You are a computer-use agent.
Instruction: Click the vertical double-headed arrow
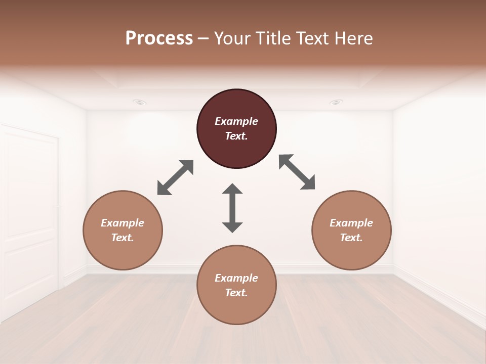pos(232,208)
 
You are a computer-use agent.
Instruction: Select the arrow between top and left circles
pos(175,177)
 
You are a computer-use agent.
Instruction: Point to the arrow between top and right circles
pos(297,172)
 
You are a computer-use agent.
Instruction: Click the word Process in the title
pos(159,38)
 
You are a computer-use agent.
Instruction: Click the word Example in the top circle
pos(236,121)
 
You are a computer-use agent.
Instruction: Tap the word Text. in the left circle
pos(123,238)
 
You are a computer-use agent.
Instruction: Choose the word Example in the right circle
pos(351,223)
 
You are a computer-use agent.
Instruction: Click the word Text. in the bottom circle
pos(236,293)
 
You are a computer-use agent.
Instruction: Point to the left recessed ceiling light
pos(140,102)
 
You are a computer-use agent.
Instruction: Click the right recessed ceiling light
pos(336,102)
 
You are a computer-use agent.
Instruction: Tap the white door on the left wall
pos(30,217)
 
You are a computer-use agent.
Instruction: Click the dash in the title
pos(204,38)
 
